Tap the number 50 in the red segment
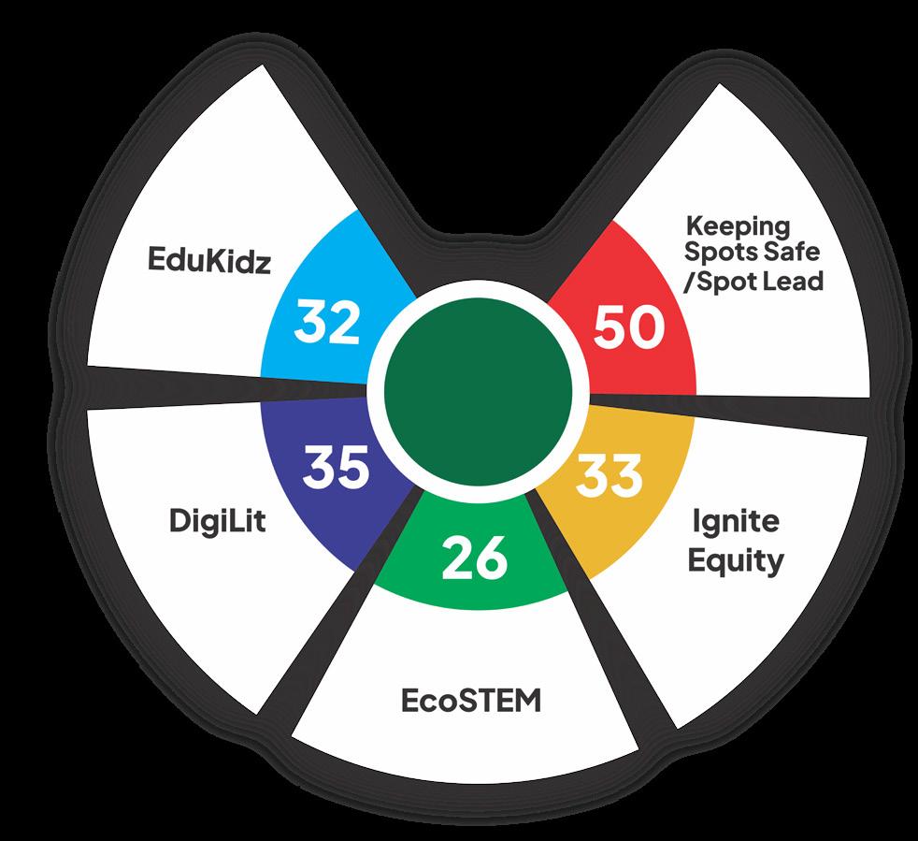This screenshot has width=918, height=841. coord(630,328)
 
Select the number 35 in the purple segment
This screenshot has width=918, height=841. coord(335,467)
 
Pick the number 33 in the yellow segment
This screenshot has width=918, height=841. coord(609,474)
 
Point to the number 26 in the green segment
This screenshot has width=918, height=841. coord(475,558)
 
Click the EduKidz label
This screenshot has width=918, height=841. coord(208,261)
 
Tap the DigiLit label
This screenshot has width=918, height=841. coord(218,521)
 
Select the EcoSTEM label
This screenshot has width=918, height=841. coord(471,701)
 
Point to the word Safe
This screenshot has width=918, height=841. coord(789,254)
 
